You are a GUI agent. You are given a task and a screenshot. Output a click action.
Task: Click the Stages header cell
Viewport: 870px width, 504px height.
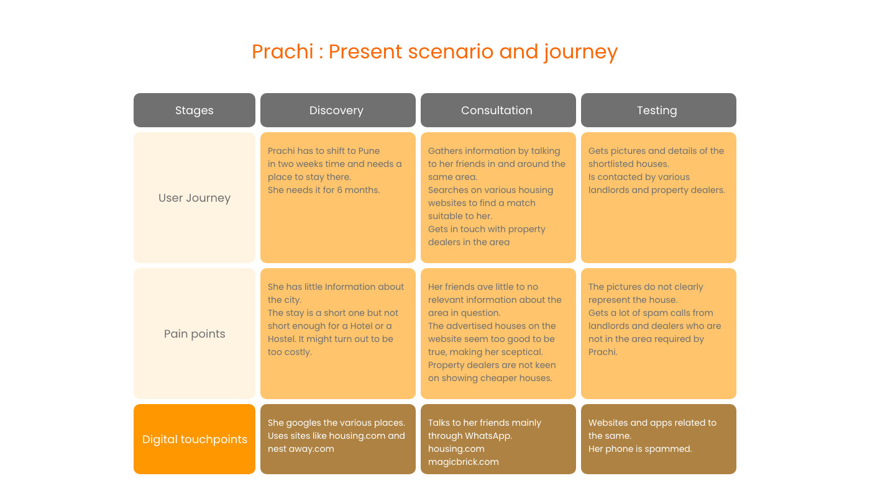click(194, 110)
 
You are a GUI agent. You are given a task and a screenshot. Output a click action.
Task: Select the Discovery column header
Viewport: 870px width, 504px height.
click(337, 110)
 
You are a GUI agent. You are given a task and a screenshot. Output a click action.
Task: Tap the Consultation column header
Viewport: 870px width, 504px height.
click(497, 110)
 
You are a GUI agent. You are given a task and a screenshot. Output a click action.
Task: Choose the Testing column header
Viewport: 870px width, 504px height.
click(657, 110)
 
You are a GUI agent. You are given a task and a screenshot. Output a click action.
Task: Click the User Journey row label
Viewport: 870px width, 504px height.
click(194, 198)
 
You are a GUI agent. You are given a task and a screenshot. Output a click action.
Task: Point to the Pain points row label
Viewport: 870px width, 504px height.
click(194, 334)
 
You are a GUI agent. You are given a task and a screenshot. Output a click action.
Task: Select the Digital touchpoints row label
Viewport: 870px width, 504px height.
click(194, 439)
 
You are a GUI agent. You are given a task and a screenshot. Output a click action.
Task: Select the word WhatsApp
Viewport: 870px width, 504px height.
click(488, 436)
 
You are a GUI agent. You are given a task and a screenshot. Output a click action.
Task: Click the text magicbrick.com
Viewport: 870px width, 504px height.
click(463, 462)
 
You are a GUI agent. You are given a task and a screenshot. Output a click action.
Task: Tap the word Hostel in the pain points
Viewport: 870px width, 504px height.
click(283, 339)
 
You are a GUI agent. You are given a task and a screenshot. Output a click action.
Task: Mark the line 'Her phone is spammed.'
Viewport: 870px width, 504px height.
click(639, 449)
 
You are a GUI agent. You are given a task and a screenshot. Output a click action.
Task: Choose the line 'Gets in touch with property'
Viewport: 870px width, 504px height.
click(487, 229)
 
